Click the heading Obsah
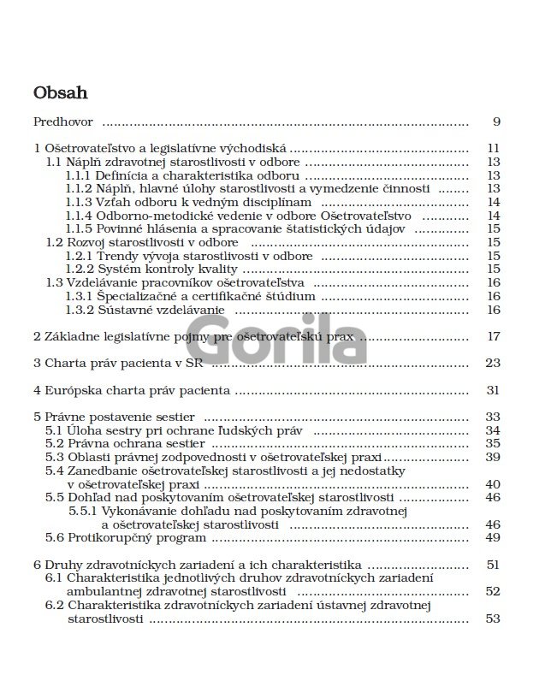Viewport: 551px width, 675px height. pos(61,92)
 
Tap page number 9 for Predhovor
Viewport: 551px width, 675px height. pos(496,121)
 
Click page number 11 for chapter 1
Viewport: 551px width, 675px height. pos(493,147)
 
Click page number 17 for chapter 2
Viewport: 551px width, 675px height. pos(493,336)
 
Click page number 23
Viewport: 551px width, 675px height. pos(493,363)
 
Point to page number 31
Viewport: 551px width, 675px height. pos(493,390)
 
